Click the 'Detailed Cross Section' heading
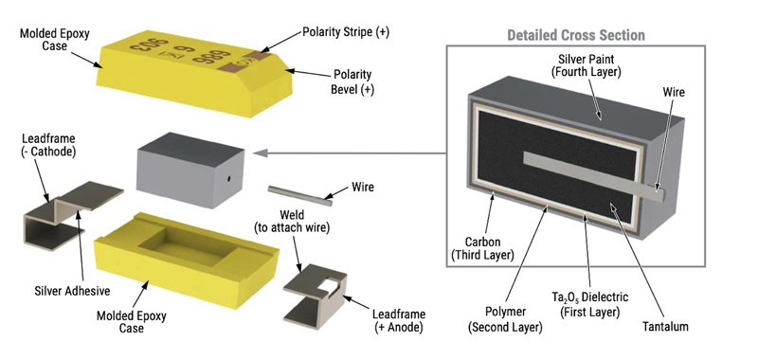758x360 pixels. [x=576, y=35]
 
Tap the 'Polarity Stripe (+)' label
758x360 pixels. [x=346, y=32]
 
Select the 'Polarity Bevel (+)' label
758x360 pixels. [x=352, y=82]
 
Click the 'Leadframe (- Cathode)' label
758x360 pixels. [x=48, y=145]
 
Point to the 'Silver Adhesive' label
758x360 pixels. [x=73, y=291]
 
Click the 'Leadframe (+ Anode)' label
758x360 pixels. [x=399, y=320]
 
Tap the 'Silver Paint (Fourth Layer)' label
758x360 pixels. [x=587, y=65]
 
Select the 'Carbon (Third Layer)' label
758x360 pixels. [x=482, y=248]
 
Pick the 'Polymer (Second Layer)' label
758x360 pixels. [x=505, y=319]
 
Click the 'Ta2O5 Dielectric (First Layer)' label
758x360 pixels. [x=589, y=304]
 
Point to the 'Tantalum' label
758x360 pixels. [x=665, y=327]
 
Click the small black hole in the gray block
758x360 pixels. [x=228, y=179]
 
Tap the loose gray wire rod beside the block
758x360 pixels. [x=300, y=196]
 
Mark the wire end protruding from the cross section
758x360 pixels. [x=660, y=194]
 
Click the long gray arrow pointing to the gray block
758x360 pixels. [x=350, y=153]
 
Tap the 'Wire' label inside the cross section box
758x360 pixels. [x=674, y=92]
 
